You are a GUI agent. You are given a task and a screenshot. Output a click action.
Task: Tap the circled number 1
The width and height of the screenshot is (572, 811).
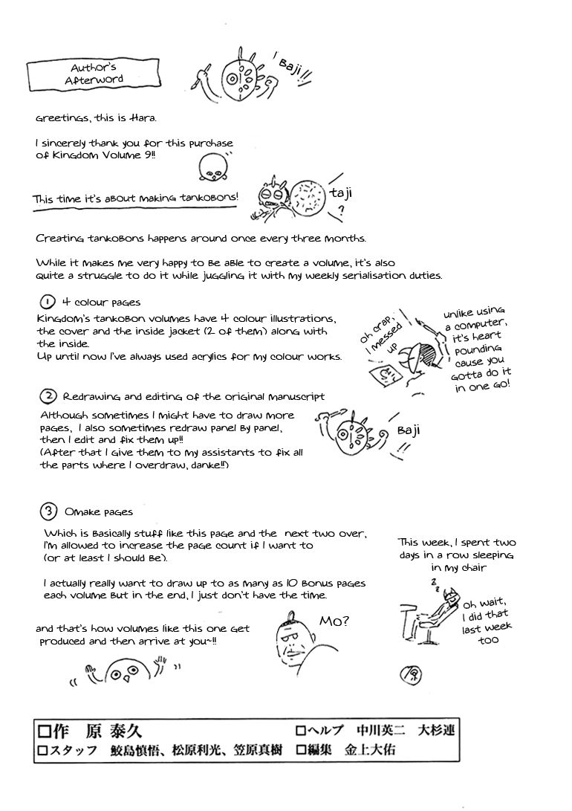click(x=47, y=303)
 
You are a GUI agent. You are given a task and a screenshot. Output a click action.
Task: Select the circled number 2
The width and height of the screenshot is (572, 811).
click(x=48, y=396)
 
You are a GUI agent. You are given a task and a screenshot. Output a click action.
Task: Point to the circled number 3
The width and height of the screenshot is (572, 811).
click(x=48, y=511)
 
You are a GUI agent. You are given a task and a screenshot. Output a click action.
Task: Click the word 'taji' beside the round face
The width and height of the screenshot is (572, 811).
click(x=339, y=194)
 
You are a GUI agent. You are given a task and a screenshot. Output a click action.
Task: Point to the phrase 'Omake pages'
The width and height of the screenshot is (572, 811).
click(x=99, y=512)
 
